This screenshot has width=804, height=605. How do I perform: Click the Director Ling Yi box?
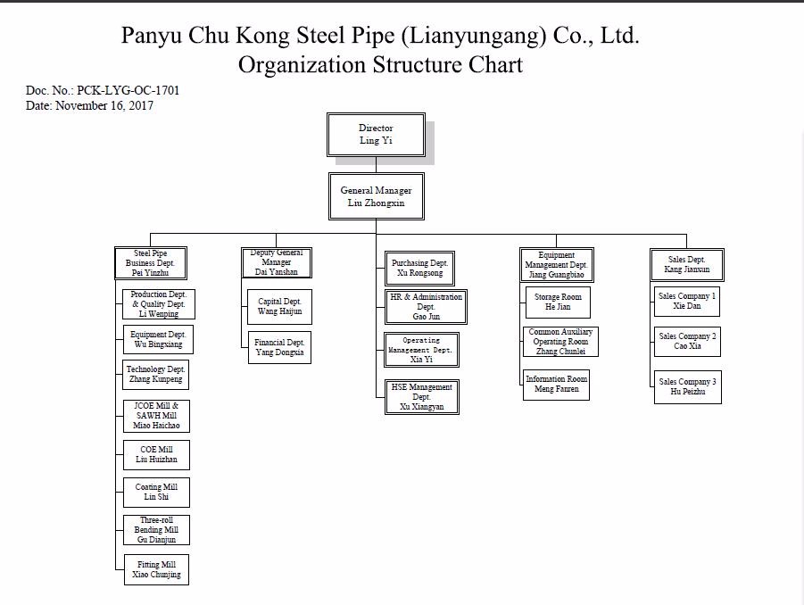tap(376, 135)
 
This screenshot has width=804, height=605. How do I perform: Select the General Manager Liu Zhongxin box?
tap(376, 196)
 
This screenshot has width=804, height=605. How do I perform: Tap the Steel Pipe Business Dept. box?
tap(151, 263)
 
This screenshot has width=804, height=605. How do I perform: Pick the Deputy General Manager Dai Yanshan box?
tap(277, 262)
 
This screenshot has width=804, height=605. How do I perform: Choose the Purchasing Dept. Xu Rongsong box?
tap(419, 269)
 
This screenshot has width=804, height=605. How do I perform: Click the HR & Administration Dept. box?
tap(426, 307)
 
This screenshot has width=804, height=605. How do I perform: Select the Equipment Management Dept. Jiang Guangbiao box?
tap(557, 265)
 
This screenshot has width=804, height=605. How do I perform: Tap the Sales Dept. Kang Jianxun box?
tap(687, 264)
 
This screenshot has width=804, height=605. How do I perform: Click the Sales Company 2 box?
tap(687, 342)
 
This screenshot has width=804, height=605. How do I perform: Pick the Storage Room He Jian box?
tap(557, 302)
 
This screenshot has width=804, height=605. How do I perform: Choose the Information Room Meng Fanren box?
tap(557, 385)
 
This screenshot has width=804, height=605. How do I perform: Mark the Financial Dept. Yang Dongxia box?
tap(279, 347)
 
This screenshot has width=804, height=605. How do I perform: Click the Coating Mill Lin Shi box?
tap(156, 493)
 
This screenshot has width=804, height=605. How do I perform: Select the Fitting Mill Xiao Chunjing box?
tap(156, 570)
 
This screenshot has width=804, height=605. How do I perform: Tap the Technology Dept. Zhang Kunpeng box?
tap(156, 375)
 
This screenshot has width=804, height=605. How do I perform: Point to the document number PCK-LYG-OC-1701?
tap(128, 91)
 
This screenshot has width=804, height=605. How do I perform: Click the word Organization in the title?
tap(303, 65)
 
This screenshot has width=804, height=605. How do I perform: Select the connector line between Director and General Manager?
tap(376, 164)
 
